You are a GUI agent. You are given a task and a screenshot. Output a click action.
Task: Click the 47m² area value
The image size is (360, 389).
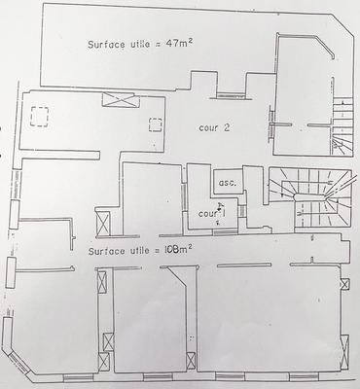tap(176, 43)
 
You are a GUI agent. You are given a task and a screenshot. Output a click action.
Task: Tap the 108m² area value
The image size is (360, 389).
tap(175, 249)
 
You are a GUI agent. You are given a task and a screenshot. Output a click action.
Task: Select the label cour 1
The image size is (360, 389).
tap(210, 213)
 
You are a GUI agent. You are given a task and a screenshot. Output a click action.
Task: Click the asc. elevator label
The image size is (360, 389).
tap(228, 183)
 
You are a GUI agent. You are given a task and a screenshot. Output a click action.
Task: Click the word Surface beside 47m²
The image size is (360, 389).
tap(106, 45)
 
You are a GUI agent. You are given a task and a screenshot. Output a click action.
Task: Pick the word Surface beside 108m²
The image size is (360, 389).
tap(106, 251)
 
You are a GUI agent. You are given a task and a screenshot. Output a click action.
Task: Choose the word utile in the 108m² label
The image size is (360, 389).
tap(141, 250)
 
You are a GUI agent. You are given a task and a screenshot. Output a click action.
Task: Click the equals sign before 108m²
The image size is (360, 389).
tap(159, 250)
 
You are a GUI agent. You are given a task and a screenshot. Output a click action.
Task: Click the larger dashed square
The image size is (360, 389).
tap(42, 117)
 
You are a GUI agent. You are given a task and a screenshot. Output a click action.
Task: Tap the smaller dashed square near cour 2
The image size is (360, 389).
tap(155, 124)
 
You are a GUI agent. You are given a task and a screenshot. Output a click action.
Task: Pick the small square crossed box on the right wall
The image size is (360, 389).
tap(345, 283)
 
